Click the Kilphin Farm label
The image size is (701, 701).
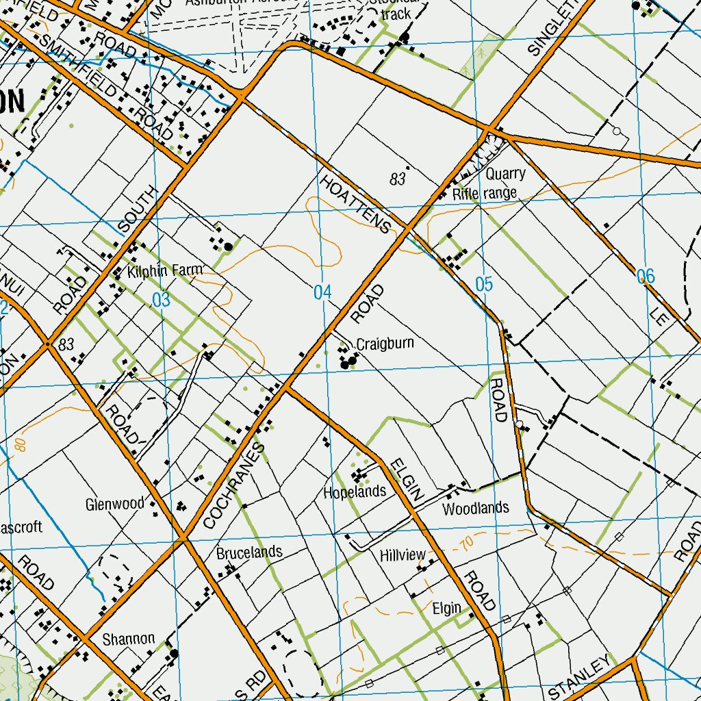[x=165, y=271]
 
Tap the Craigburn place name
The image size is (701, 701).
[x=385, y=344]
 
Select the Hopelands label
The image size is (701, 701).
[x=355, y=492]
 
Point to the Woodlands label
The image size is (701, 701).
[x=475, y=508]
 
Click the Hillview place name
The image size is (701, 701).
[x=403, y=555]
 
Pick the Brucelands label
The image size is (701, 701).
[x=249, y=552]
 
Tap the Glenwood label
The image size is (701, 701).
[x=115, y=505]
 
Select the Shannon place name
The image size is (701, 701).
[x=128, y=639]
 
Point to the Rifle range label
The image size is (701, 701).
[x=485, y=194]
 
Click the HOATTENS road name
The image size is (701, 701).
[x=355, y=204]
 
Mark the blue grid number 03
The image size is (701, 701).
[x=161, y=300]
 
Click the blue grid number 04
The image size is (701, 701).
[x=322, y=293]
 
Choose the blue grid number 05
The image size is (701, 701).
[x=483, y=284]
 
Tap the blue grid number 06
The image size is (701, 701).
[x=646, y=277]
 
